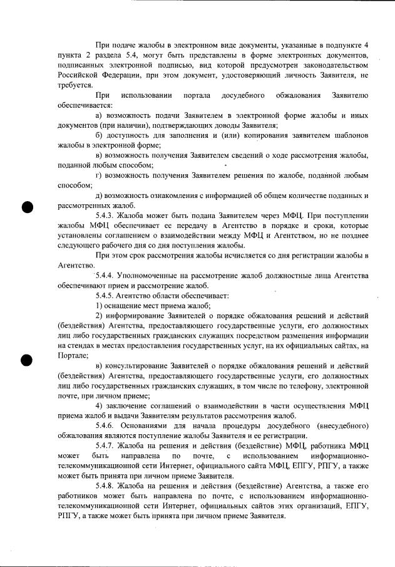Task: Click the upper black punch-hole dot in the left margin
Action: (27, 207)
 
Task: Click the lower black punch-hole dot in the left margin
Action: (27, 360)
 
